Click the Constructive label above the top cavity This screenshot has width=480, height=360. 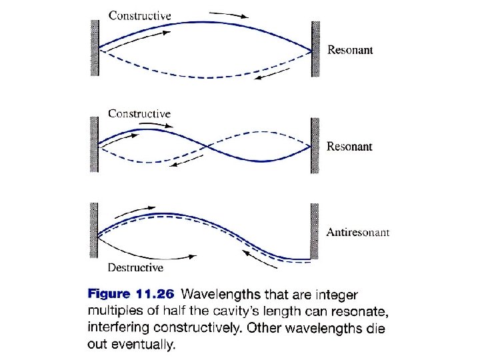[x=139, y=15]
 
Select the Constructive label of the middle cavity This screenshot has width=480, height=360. [x=139, y=113]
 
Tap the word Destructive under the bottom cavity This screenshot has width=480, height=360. [x=135, y=268]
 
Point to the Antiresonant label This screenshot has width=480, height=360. [x=358, y=233]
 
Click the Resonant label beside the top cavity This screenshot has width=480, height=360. [x=349, y=49]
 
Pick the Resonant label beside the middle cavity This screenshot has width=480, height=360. [x=349, y=147]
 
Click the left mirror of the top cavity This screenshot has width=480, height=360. [x=95, y=48]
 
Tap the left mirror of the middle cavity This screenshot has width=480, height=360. [x=95, y=144]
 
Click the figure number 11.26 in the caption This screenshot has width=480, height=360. [x=155, y=294]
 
